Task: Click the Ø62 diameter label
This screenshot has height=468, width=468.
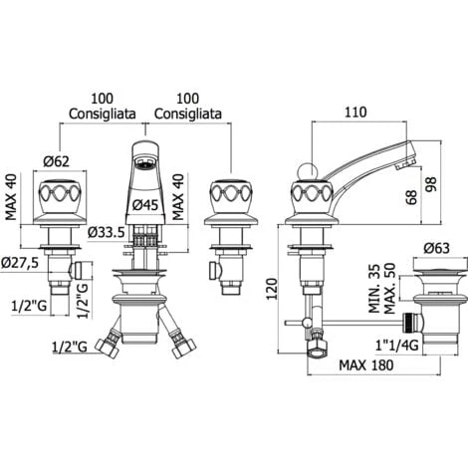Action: coord(57,161)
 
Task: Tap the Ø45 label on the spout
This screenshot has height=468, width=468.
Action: coord(145,205)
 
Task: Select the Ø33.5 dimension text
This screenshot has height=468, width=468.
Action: coord(107,232)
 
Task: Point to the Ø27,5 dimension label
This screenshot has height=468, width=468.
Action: coord(20,263)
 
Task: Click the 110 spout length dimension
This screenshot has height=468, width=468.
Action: coord(355,113)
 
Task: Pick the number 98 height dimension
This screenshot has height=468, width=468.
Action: coord(431,185)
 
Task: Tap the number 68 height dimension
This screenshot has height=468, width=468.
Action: coord(411,198)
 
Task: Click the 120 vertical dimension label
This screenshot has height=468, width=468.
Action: coord(272,289)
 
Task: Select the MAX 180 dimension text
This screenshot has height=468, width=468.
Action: coord(366,365)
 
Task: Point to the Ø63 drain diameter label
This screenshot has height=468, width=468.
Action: coord(436,248)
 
